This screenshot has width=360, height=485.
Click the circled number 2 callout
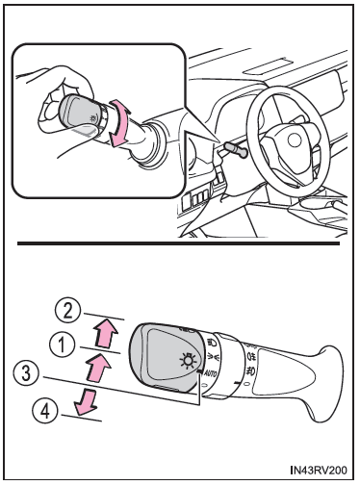pos(66,311)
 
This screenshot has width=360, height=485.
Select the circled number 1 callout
pos(62,345)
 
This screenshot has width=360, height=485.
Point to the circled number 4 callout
pos(45,411)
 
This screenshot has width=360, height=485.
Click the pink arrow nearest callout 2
pos(106,331)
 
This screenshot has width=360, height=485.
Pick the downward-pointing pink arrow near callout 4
pos(85,401)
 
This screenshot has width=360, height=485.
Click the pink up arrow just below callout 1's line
pos(98,368)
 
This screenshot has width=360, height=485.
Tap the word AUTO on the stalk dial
pos(210,374)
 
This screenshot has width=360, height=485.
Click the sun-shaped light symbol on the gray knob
pos(189,361)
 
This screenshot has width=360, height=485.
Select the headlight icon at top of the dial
pos(212,343)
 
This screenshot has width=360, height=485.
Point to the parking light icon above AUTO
pos(213,356)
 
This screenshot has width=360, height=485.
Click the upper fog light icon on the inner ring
pos(251,356)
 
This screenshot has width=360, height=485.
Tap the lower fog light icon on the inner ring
pos(250,370)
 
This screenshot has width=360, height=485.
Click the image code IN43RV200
pos(319,471)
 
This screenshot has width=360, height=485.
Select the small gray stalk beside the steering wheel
pos(236,150)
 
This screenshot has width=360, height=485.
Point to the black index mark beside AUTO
pos(200,371)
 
